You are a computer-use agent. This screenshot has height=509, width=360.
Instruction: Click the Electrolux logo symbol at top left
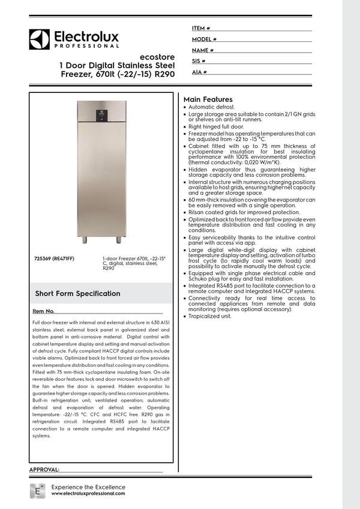point(39,39)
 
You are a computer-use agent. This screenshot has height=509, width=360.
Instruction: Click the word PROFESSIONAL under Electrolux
point(87,46)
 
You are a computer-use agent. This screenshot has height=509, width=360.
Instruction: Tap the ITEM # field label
point(200,28)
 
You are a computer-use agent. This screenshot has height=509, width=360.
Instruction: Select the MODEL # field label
point(204,39)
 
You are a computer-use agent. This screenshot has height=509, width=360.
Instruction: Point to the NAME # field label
point(203,50)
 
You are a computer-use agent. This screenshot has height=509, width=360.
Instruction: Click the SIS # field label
point(199,61)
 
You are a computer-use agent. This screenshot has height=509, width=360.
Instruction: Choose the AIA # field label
point(199,72)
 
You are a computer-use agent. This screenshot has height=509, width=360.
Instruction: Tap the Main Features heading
point(208,99)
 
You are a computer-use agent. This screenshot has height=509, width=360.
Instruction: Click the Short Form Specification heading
point(77,294)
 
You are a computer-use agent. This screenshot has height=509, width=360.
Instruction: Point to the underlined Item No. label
point(44,312)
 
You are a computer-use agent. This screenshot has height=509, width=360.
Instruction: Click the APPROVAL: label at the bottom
point(44,469)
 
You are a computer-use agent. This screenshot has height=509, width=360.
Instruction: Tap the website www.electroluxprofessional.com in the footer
point(88,493)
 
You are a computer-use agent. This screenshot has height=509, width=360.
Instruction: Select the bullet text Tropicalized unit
point(210,316)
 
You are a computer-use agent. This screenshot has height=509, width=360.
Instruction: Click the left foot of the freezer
point(85,240)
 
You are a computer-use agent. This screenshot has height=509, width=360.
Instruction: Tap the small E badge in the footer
point(37,489)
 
